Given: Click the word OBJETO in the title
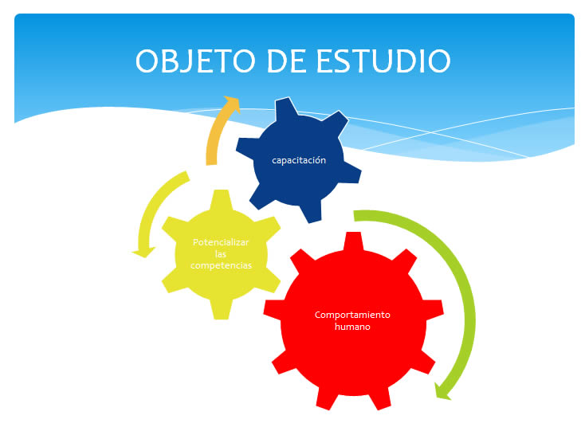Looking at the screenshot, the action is coord(195,61).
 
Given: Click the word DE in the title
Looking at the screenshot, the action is coord(287,61).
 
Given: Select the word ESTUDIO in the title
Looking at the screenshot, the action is coord(383,61).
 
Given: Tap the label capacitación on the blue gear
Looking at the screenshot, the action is coord(299,160).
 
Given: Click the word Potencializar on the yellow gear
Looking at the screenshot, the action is coord(221,242).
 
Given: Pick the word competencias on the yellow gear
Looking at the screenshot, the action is coord(222,265).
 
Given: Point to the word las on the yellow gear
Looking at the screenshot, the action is coord(221,254).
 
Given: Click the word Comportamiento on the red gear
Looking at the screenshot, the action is coord(352,315).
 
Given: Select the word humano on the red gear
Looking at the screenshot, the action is coord(352,327).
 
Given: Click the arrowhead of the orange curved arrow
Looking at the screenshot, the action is coord(231,102).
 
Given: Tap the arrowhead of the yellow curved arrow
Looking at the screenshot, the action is coord(143,252).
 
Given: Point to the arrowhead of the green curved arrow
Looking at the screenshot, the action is coord(443,392).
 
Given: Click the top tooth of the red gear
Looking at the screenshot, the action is coord(353,241).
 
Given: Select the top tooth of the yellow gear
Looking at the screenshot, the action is coord(222,199).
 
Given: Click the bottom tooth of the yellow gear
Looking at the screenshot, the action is coord(222,309).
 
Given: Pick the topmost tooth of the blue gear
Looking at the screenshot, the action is coord(287,108).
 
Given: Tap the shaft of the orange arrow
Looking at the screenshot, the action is coord(214,135).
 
